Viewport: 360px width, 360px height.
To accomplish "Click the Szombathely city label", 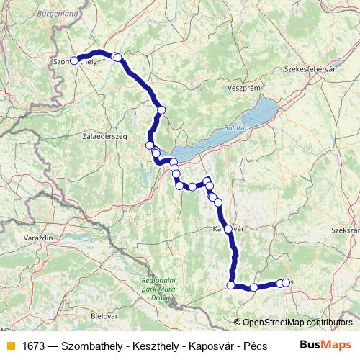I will [75, 62].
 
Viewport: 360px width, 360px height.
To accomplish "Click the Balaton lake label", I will [236, 127].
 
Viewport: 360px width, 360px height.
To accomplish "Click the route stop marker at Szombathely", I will [73, 60].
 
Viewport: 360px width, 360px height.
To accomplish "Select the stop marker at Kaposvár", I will [228, 229].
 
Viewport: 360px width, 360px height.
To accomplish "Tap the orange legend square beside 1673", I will [11, 346].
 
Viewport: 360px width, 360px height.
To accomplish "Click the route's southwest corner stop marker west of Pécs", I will [231, 285].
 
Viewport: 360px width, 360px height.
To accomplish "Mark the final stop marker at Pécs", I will [286, 283].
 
